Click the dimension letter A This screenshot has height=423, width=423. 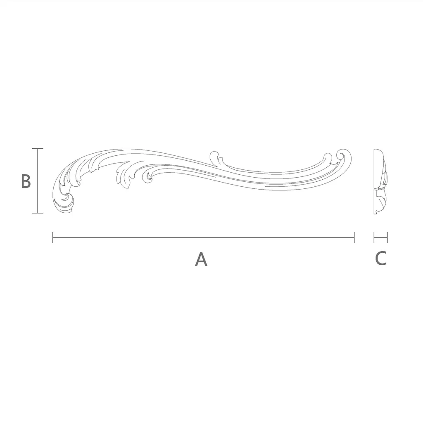tap(201, 259)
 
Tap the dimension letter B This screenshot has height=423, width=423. tap(26, 181)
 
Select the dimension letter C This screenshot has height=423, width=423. tap(380, 258)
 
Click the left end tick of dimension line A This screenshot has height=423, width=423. tap(53, 238)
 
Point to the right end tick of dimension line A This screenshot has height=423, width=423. tap(354, 238)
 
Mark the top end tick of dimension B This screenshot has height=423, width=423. tap(38, 148)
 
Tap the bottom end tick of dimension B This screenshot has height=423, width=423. tap(38, 213)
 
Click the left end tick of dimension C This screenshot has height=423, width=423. tap(374, 238)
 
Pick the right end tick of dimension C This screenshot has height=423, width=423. tap(387, 238)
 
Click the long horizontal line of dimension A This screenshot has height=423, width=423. tap(203, 238)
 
